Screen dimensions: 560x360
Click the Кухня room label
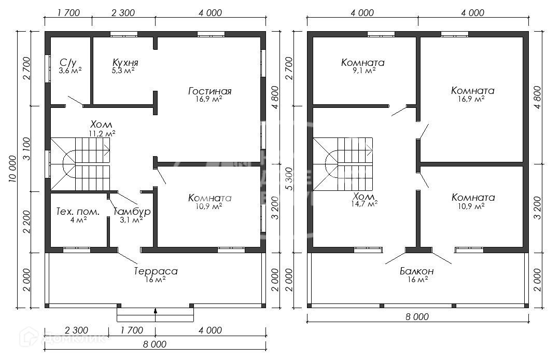tap(125, 62)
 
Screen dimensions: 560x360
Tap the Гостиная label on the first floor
tap(210, 91)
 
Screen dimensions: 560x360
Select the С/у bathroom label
tap(68, 63)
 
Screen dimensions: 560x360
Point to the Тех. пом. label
tap(78, 212)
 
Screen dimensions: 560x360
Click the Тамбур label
tap(132, 212)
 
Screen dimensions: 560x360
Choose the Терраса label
tap(156, 271)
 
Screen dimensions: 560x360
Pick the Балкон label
tap(417, 271)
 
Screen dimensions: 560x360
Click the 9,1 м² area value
tap(363, 71)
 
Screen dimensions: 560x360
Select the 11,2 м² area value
tap(102, 133)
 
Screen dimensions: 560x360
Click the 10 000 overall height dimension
tap(13, 169)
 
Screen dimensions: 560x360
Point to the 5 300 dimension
tap(289, 179)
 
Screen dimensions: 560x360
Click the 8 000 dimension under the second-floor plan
tap(417, 317)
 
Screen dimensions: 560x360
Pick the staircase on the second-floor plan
tap(343, 164)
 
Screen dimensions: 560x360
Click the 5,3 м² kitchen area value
tap(123, 71)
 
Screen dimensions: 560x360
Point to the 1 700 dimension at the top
tap(68, 13)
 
